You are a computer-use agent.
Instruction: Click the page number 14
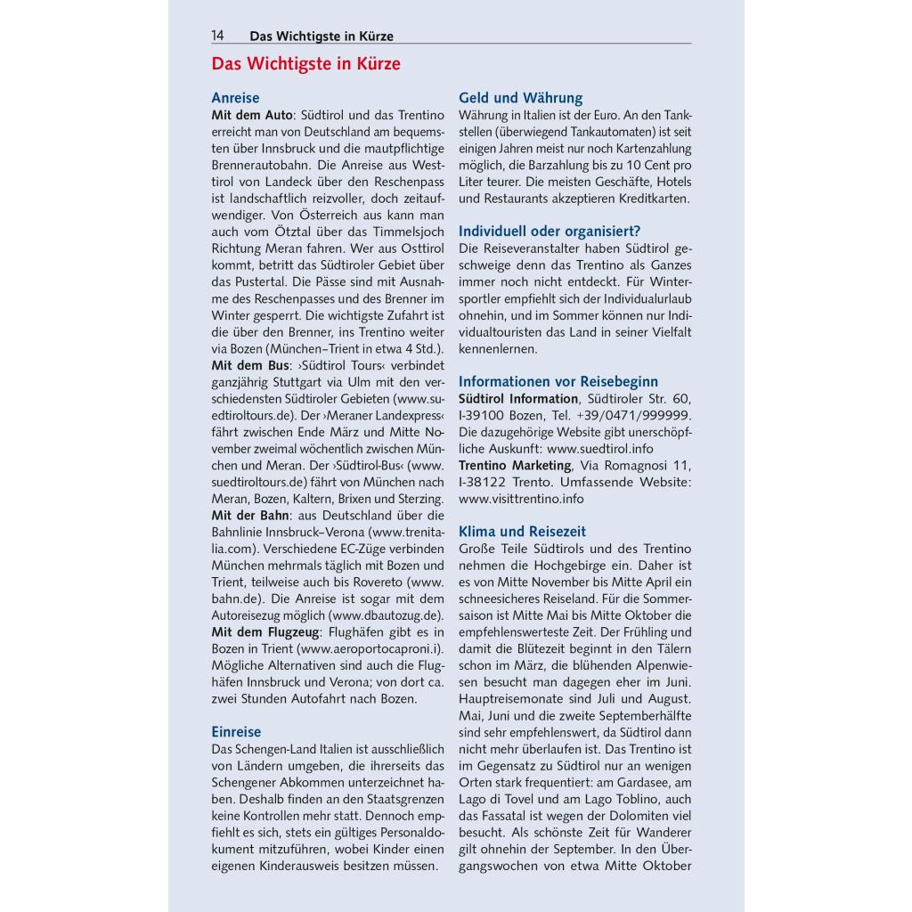tap(217, 36)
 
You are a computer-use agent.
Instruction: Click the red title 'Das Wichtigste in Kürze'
tap(305, 64)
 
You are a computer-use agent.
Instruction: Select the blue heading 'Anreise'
tap(235, 98)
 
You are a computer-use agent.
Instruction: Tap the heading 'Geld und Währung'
tap(520, 98)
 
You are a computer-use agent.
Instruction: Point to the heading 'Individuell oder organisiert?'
tap(549, 231)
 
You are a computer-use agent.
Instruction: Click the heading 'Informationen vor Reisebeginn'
tap(558, 381)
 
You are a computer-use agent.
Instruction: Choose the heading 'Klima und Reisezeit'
tap(522, 532)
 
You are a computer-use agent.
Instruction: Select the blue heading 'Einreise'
tap(236, 731)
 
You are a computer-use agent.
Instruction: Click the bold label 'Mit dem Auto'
tap(250, 116)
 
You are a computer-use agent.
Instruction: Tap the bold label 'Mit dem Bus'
tap(249, 365)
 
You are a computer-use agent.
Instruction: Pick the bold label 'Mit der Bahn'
tap(250, 515)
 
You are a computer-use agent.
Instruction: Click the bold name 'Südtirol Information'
tap(518, 398)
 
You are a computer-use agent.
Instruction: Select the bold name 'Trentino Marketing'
tap(515, 465)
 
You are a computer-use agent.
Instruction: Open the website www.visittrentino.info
tap(521, 499)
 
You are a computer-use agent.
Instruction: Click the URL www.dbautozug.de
tap(385, 615)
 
